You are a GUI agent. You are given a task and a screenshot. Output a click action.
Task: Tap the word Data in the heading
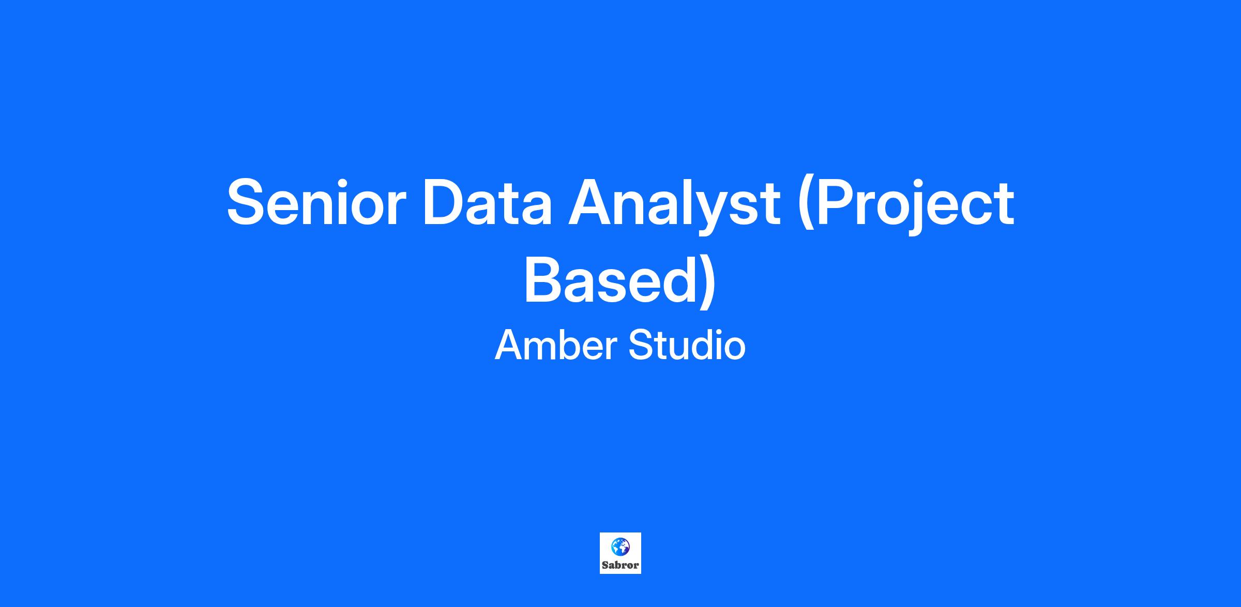(x=488, y=202)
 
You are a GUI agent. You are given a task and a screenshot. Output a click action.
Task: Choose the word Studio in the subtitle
(x=687, y=345)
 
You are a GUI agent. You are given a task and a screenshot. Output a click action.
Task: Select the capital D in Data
(x=446, y=202)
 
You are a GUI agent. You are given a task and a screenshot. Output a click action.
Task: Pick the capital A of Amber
(x=510, y=345)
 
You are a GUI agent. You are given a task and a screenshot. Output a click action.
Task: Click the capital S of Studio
(x=642, y=345)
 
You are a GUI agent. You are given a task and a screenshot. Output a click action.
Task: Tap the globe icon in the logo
(x=620, y=546)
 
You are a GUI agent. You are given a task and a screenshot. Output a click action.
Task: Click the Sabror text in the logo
(x=620, y=565)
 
